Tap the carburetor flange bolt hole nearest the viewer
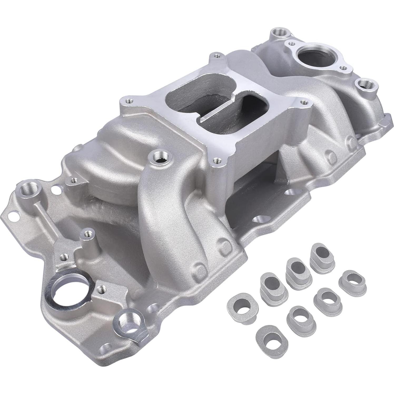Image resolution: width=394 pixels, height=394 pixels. pyautogui.click(x=216, y=159)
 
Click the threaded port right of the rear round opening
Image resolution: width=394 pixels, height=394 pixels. pyautogui.click(x=364, y=84)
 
